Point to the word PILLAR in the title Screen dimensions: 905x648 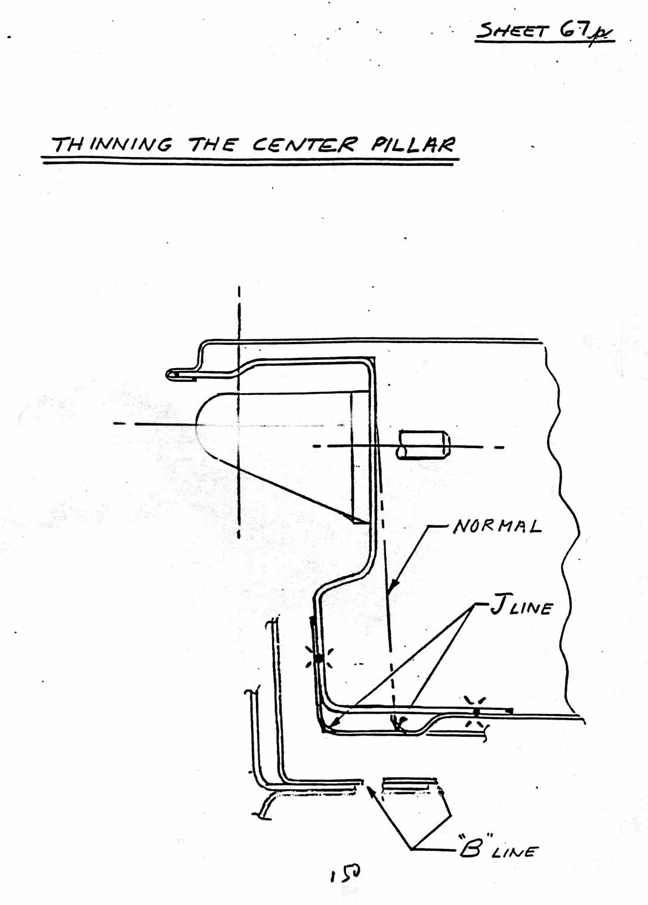(x=413, y=144)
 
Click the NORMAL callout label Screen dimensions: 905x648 (x=497, y=526)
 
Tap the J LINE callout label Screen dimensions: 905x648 (x=521, y=608)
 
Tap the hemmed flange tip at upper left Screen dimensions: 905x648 (x=171, y=374)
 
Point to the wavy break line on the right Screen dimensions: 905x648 (x=561, y=525)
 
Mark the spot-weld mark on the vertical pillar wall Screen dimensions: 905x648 (x=318, y=659)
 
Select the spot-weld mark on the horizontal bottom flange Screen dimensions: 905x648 (x=476, y=711)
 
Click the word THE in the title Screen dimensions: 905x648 (x=212, y=144)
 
